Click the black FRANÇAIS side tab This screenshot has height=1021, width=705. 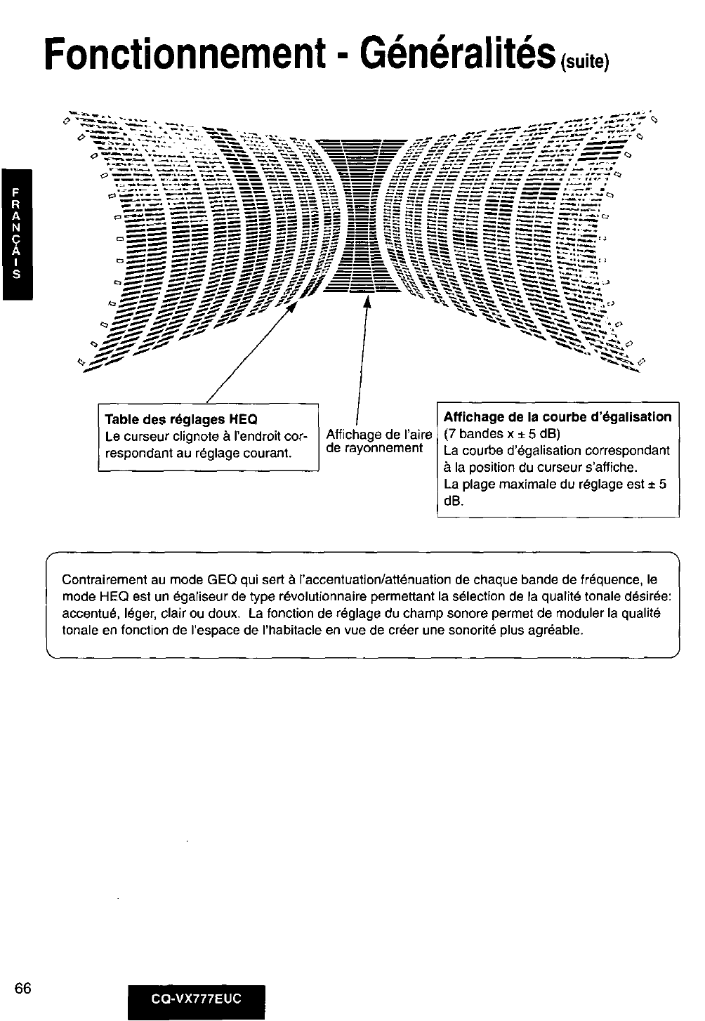17,234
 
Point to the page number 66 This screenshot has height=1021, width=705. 22,987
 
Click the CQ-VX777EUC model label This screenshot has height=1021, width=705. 197,999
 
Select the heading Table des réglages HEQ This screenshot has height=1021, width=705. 180,420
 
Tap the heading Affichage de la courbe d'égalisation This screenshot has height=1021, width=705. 558,417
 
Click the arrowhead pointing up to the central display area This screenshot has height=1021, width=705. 366,301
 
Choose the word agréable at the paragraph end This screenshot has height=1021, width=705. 559,630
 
